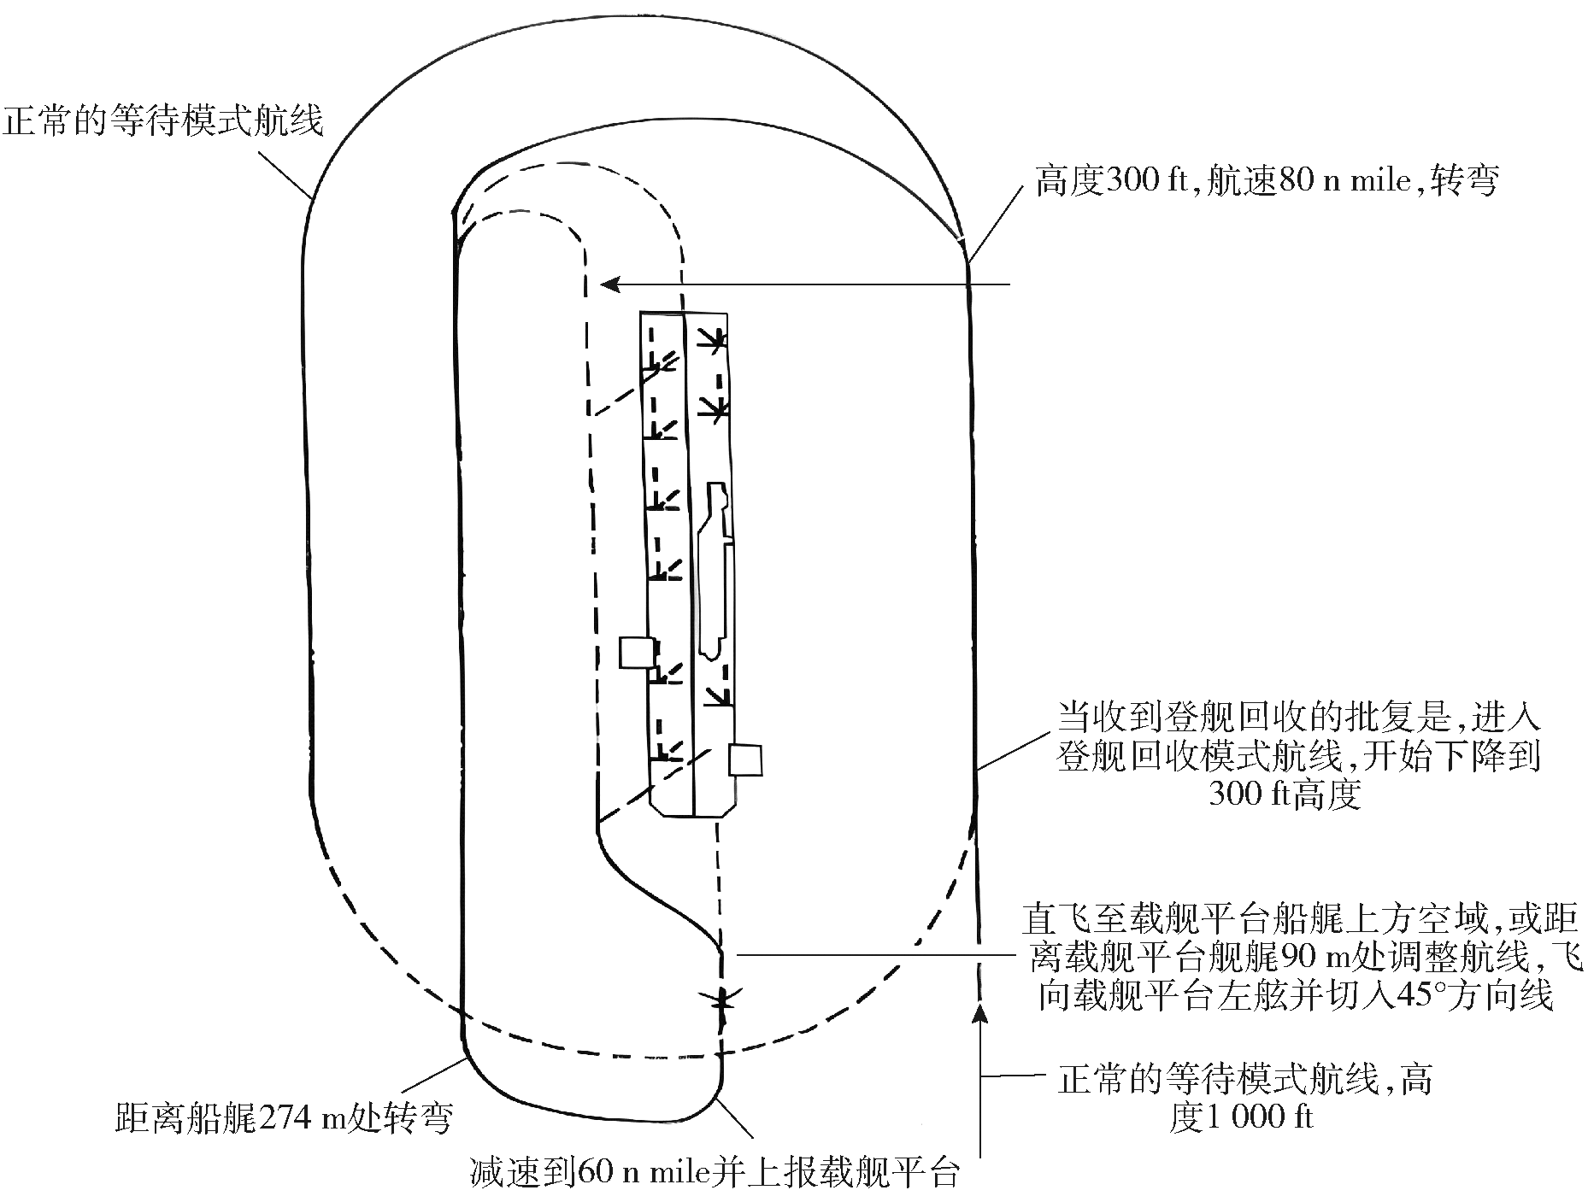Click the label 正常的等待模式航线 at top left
(x=164, y=120)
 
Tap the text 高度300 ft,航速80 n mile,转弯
(x=1267, y=182)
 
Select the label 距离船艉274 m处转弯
(x=283, y=1117)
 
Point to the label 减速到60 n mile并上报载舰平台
(x=715, y=1171)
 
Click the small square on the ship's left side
(x=637, y=653)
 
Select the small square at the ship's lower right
(x=744, y=759)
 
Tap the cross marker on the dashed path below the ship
(x=723, y=997)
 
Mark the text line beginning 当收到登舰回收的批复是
(x=1299, y=718)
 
